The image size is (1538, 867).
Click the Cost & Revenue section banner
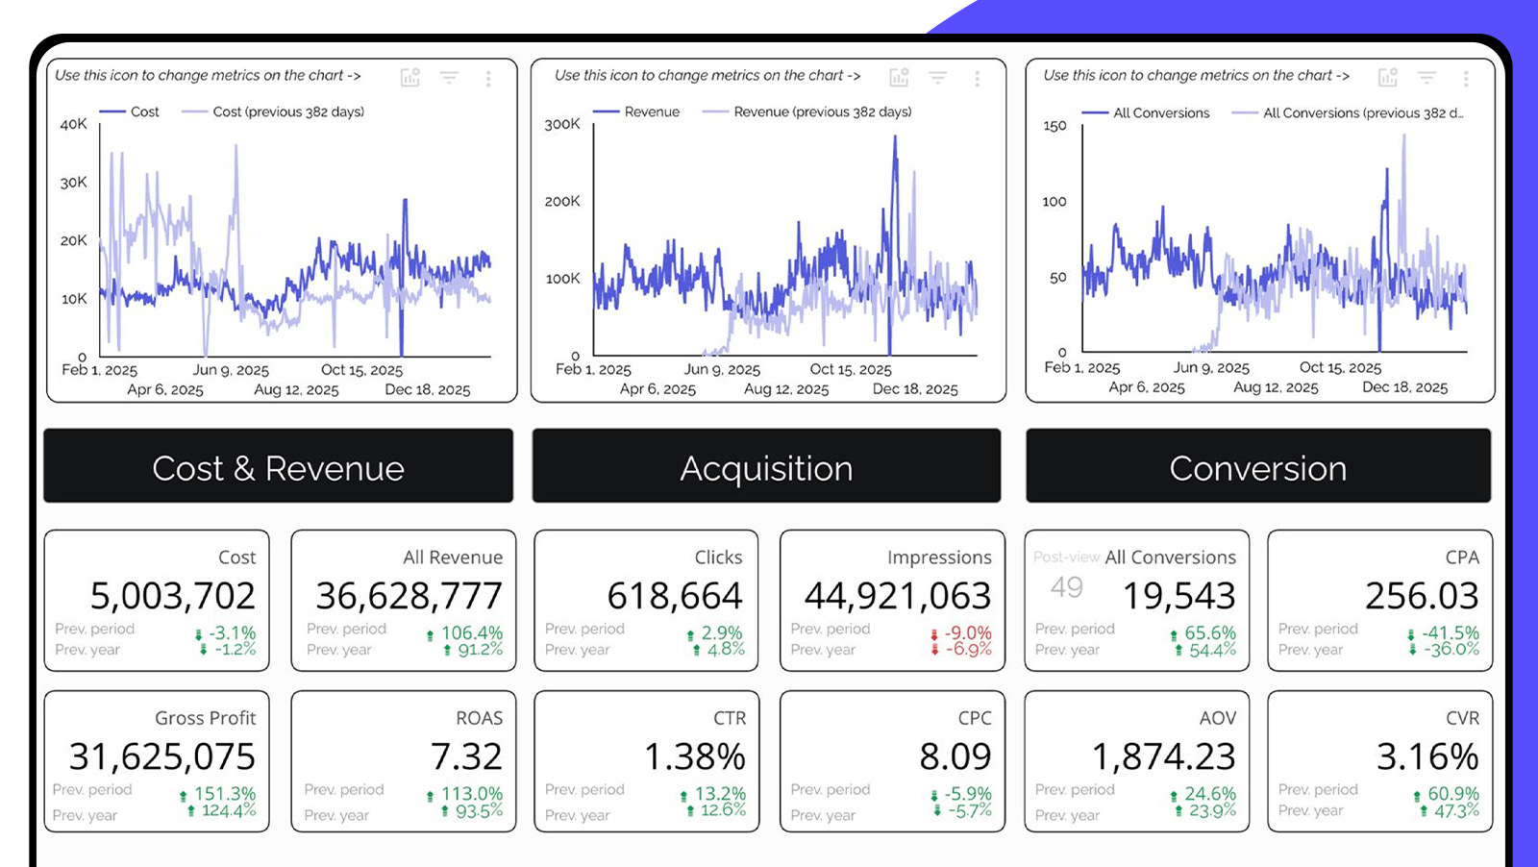click(x=278, y=467)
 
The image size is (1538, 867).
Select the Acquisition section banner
click(x=766, y=467)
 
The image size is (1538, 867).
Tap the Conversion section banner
click(x=1257, y=467)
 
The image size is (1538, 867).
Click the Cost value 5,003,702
click(x=173, y=596)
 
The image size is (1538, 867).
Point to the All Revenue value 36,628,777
click(x=409, y=596)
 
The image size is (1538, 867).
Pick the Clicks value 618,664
click(x=675, y=596)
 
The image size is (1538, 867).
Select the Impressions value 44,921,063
click(x=897, y=596)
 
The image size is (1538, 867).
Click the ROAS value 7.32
click(x=466, y=756)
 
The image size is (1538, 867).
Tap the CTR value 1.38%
click(x=695, y=756)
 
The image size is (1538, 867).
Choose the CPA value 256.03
click(x=1422, y=596)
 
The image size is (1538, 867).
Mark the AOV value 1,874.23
click(x=1164, y=756)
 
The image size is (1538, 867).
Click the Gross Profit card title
click(x=206, y=718)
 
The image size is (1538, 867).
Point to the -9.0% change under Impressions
click(x=967, y=632)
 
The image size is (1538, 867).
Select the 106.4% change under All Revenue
click(x=471, y=632)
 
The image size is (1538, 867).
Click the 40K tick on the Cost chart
click(x=73, y=124)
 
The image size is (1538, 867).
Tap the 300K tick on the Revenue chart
click(x=562, y=124)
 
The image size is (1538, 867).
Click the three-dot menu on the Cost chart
click(x=488, y=78)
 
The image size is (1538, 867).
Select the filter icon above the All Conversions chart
click(x=1426, y=77)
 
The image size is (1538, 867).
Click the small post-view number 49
click(x=1066, y=586)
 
